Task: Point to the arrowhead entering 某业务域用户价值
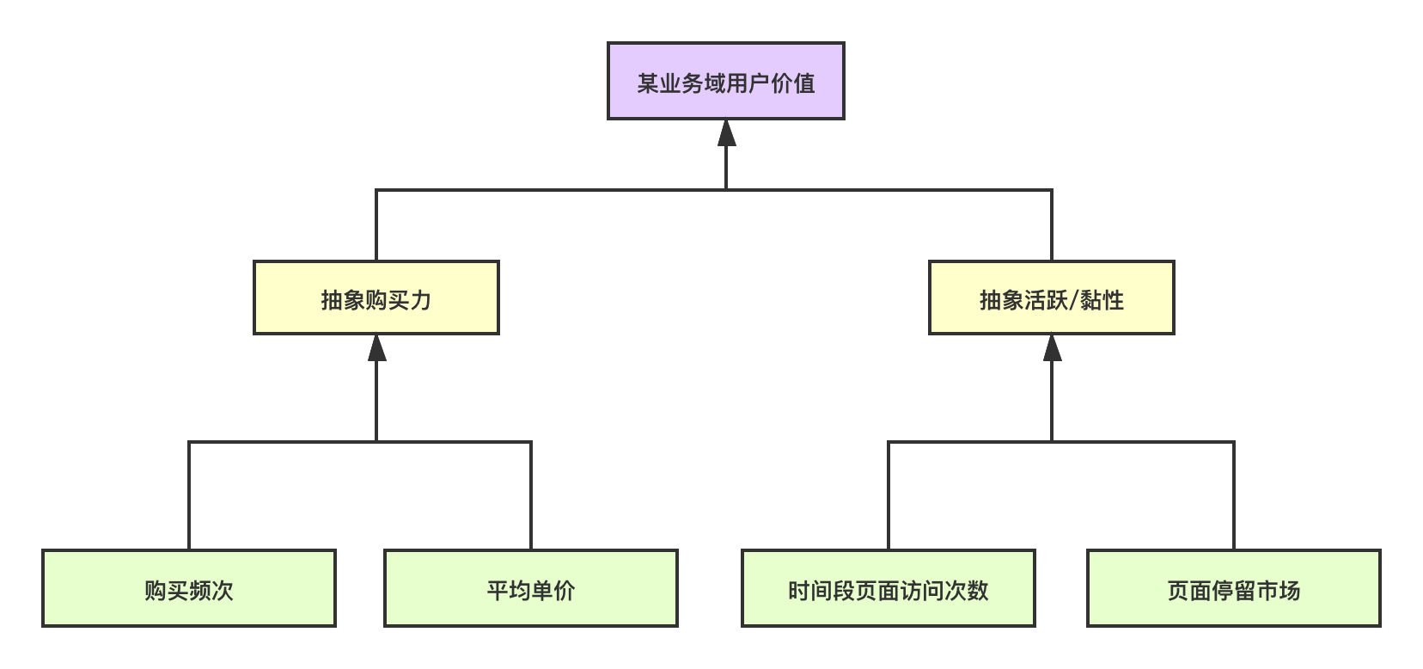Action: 727,132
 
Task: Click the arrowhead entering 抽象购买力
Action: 376,347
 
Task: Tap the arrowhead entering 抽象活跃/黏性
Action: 1052,347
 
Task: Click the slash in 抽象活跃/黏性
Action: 1072,300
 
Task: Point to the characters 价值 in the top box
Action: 792,83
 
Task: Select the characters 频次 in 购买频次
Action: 211,591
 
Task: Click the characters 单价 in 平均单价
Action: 553,591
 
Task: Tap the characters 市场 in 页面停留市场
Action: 1278,591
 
